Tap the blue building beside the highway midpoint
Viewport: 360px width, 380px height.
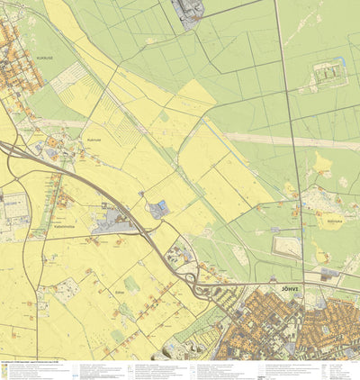tap(159, 210)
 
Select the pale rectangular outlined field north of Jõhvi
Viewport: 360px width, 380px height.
tap(287, 243)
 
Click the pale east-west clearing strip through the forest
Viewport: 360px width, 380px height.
tap(288, 140)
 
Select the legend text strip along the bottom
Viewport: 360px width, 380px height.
tap(180, 370)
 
